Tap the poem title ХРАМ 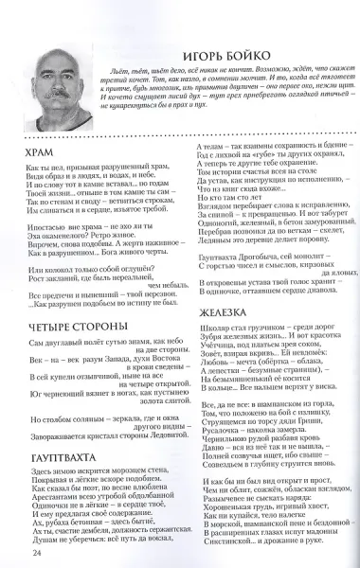(40, 151)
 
